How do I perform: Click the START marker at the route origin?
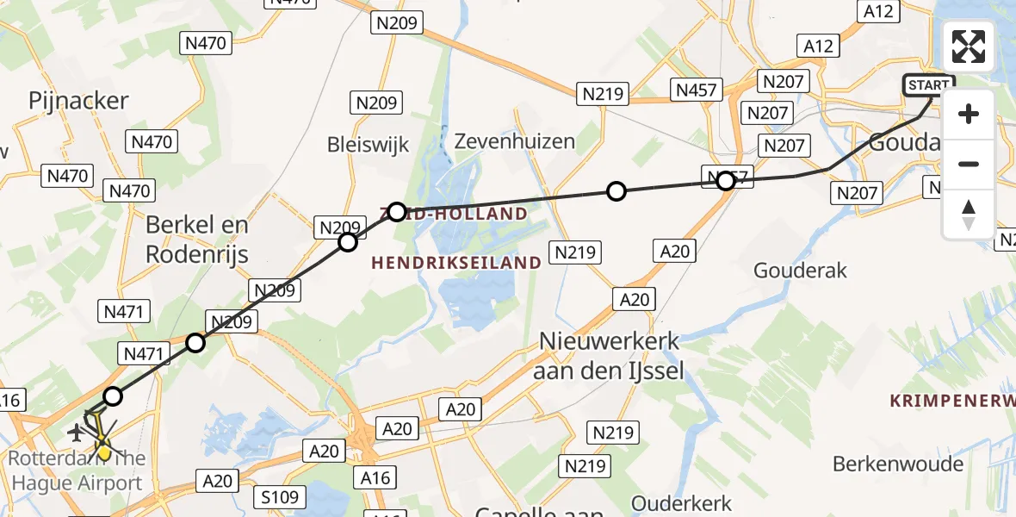point(928,85)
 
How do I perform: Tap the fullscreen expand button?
point(969,47)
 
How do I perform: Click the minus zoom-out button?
point(969,164)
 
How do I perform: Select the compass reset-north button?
point(969,215)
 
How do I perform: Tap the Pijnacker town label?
point(78,101)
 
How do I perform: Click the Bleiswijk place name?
point(368,143)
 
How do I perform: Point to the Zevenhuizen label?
point(514,140)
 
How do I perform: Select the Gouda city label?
point(900,143)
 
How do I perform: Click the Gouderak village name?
point(800,271)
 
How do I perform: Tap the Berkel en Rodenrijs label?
point(196,240)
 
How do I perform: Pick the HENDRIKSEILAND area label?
point(456,262)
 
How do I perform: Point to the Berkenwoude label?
point(897,464)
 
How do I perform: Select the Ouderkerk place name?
point(681,503)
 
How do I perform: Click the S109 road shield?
point(280,497)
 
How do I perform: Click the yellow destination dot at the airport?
point(103,450)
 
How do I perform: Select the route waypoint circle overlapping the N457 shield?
point(726,181)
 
